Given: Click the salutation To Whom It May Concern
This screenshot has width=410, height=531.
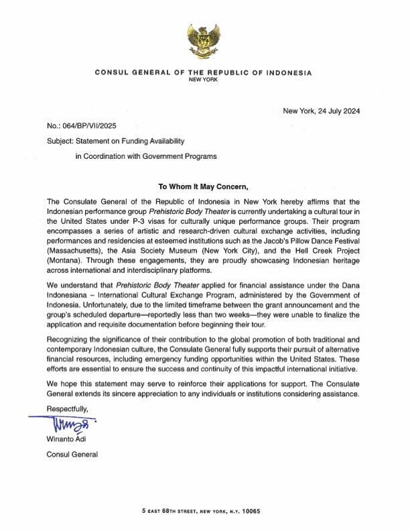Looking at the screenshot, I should click(x=204, y=187).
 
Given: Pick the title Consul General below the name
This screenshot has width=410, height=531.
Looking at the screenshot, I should click(x=72, y=455).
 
